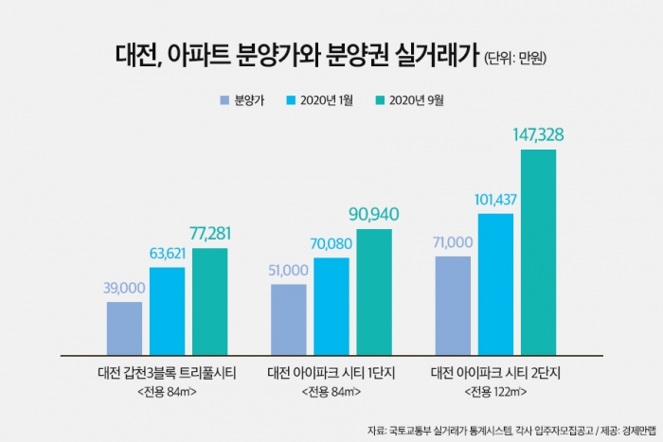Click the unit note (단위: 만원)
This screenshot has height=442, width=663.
pos(517,58)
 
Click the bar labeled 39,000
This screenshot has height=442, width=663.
pos(124,328)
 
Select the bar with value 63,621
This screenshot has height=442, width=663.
pos(168,310)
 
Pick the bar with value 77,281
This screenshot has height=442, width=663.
pos(210,301)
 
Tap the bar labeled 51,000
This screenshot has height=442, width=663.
pos(289,319)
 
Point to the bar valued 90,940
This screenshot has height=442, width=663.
pos(374,292)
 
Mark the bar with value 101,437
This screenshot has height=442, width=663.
pos(495,284)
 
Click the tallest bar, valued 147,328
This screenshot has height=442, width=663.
pos(538,252)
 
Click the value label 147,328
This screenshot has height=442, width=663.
pos(538,135)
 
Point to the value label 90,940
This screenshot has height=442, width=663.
pos(374,215)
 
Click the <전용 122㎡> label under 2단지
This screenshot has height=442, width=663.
pos(495,391)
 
